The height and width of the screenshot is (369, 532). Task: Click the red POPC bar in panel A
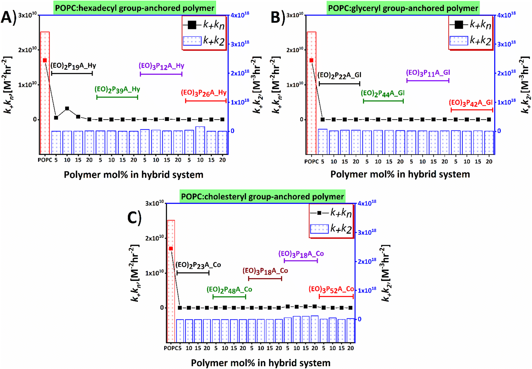click(45, 93)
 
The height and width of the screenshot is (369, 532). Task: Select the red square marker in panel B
click(312, 60)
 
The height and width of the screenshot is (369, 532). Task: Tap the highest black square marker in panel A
click(67, 109)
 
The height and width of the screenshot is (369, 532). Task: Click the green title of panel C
click(262, 197)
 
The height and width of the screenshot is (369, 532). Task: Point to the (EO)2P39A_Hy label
click(117, 89)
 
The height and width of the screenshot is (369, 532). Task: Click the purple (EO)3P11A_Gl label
click(428, 73)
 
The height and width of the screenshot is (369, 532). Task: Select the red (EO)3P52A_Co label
click(331, 289)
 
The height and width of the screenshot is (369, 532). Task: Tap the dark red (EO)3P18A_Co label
click(265, 271)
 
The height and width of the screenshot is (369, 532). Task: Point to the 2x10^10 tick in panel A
click(27, 50)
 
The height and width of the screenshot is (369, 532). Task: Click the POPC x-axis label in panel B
click(311, 161)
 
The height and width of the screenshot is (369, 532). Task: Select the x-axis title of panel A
click(134, 175)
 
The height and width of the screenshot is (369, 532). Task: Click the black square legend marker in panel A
click(192, 25)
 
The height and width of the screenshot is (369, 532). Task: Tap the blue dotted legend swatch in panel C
click(319, 229)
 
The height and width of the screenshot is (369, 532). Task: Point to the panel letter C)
click(135, 218)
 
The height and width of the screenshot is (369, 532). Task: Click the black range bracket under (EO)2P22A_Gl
click(339, 83)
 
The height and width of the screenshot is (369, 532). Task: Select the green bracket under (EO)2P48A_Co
click(229, 297)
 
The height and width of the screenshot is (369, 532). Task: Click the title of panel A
click(135, 8)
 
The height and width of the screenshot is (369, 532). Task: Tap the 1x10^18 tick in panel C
click(367, 290)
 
